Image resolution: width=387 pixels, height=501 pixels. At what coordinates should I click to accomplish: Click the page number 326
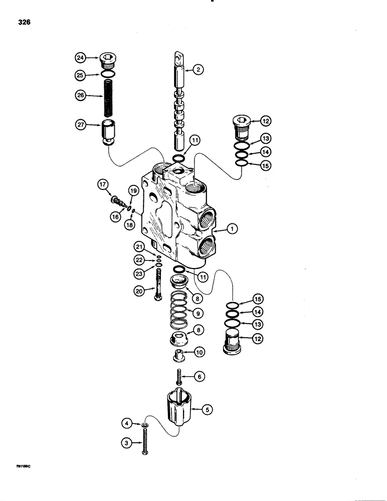(25, 23)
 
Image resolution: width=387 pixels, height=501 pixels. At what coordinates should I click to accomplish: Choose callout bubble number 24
(80, 58)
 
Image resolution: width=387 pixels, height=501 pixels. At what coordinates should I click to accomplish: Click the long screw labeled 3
(145, 441)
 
